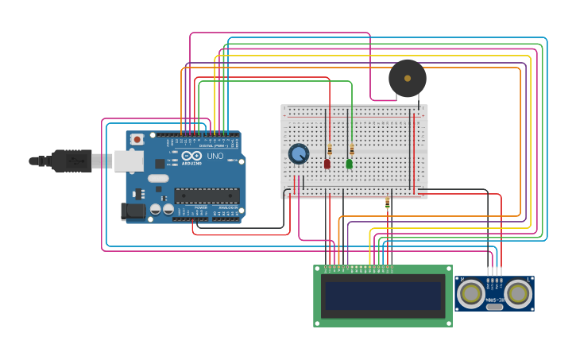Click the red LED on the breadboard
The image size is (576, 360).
[327, 164]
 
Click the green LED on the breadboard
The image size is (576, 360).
[349, 164]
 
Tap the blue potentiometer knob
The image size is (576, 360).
[299, 153]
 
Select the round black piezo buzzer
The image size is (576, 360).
[408, 79]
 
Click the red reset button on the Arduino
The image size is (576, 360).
[137, 139]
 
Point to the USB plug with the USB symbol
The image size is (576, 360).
[72, 161]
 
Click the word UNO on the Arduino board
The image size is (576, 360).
[215, 156]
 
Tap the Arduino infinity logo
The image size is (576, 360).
[191, 156]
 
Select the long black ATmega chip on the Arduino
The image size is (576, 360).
[207, 195]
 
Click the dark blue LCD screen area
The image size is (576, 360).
[382, 296]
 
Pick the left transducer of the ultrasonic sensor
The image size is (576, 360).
[470, 293]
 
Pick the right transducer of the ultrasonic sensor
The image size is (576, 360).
[518, 293]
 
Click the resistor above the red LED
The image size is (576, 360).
[330, 149]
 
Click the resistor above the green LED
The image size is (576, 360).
[352, 149]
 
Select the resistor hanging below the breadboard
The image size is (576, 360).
[388, 203]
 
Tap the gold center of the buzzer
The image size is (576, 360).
[408, 79]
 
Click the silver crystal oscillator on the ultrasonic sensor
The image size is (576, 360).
[494, 307]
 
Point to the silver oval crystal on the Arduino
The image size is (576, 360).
[158, 178]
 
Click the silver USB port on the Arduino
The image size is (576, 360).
[128, 161]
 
